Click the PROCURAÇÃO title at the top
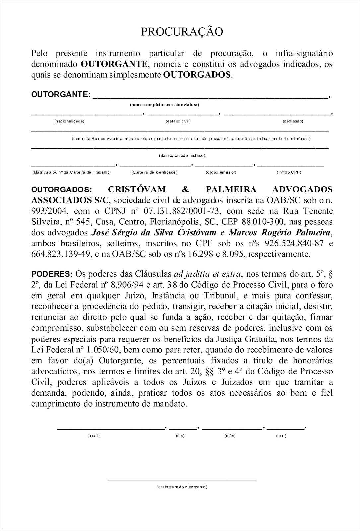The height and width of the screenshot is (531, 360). coord(182,32)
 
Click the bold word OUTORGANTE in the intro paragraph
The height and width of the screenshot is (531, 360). coord(113,64)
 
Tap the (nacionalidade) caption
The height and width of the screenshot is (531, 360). coord(69,121)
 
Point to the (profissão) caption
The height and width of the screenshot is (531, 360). coord(293,121)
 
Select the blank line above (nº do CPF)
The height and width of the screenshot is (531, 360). coord(291,165)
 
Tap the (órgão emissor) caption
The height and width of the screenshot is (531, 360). coord(221,172)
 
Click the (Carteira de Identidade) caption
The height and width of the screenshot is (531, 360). coord(154,172)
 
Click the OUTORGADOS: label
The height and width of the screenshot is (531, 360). coord(63,190)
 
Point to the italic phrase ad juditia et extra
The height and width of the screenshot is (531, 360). coord(208,274)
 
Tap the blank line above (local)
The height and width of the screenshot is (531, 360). coord(111,429)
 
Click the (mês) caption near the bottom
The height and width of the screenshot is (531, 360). coord(230,436)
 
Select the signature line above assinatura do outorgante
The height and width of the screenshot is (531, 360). coord(182,480)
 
